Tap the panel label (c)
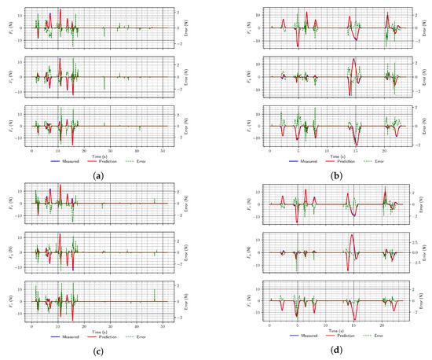[x=100, y=353]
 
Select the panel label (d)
[x=337, y=353]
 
